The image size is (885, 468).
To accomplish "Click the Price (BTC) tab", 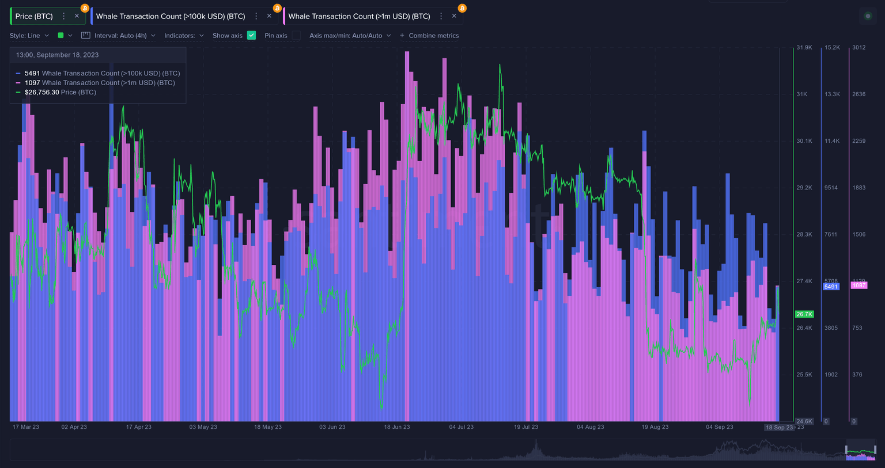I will coord(34,16).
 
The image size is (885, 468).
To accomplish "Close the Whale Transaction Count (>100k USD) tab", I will coord(269,16).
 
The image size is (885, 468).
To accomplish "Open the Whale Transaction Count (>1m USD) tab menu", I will coord(441,16).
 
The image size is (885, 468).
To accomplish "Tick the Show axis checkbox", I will coord(251,35).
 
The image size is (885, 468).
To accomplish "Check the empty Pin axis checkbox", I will coord(296,35).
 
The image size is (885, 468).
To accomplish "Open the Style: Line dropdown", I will coord(29,36).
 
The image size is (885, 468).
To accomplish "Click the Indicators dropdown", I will coord(184,36).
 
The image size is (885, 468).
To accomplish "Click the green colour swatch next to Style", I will coord(61,35).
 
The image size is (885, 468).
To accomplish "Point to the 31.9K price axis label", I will coord(804,48).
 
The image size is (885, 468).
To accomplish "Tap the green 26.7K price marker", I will coord(804,314).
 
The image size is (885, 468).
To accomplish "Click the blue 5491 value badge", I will coord(831,287).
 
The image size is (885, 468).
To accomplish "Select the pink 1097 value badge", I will coord(858,286).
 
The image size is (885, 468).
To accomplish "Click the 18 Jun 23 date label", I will coord(397,427).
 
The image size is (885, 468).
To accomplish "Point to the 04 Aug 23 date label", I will coord(591,427).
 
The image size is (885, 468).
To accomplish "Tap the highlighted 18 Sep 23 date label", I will coord(779,428).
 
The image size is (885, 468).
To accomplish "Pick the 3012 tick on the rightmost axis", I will coord(858,48).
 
